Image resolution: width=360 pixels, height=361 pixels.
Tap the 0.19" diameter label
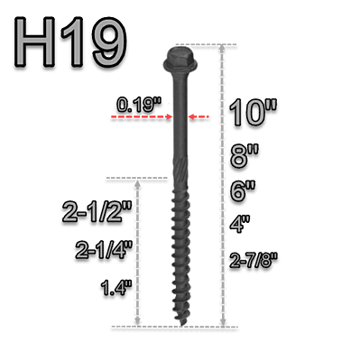[x=139, y=106]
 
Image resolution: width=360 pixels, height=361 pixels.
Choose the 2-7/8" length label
[x=255, y=262]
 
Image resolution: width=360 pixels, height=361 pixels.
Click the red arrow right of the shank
[x=204, y=116]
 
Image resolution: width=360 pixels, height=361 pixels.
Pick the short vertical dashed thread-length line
[x=138, y=253]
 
